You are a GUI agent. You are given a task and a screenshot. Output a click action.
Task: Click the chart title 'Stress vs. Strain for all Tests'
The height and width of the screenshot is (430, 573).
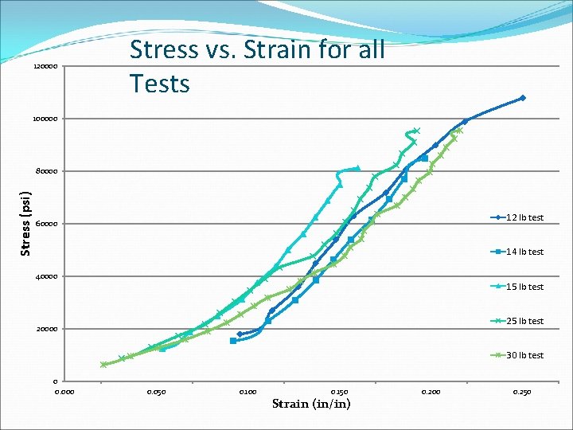click(256, 65)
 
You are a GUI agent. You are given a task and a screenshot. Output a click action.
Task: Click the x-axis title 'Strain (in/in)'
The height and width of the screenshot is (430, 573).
click(311, 404)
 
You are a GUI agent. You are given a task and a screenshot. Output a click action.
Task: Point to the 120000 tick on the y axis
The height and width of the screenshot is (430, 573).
click(45, 66)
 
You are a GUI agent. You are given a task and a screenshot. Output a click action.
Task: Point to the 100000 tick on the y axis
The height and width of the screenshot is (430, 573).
click(45, 119)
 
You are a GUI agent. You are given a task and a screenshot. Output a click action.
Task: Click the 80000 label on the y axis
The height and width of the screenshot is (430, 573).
click(47, 171)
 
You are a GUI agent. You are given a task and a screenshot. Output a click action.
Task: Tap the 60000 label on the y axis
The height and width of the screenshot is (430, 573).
click(47, 224)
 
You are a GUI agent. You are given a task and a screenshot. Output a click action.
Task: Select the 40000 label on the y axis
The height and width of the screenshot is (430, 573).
click(47, 276)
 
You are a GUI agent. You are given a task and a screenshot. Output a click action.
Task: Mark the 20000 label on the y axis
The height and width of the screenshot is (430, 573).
click(47, 329)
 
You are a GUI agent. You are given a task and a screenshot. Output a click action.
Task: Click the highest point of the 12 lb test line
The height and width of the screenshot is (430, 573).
click(522, 98)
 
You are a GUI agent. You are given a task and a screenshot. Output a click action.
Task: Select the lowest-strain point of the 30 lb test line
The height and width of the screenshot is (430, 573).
click(103, 365)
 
